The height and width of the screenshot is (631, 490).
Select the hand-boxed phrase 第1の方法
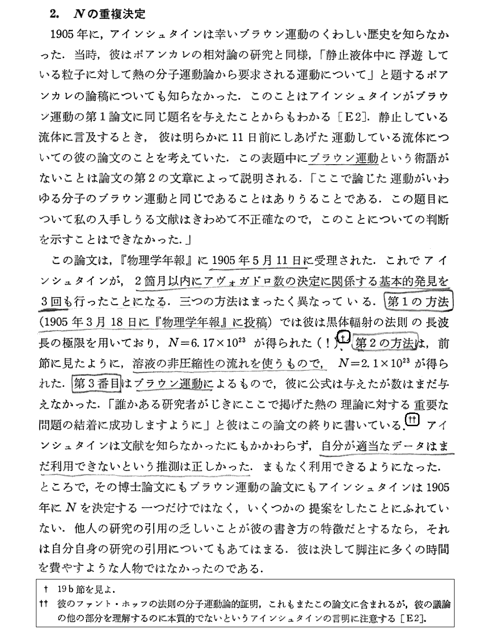pyautogui.click(x=418, y=302)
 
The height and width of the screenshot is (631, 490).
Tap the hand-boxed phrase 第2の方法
pyautogui.click(x=386, y=343)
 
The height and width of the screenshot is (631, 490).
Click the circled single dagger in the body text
pyautogui.click(x=344, y=337)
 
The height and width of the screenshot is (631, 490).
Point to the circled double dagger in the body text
pyautogui.click(x=412, y=419)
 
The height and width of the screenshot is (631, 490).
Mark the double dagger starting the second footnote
pyautogui.click(x=45, y=604)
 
